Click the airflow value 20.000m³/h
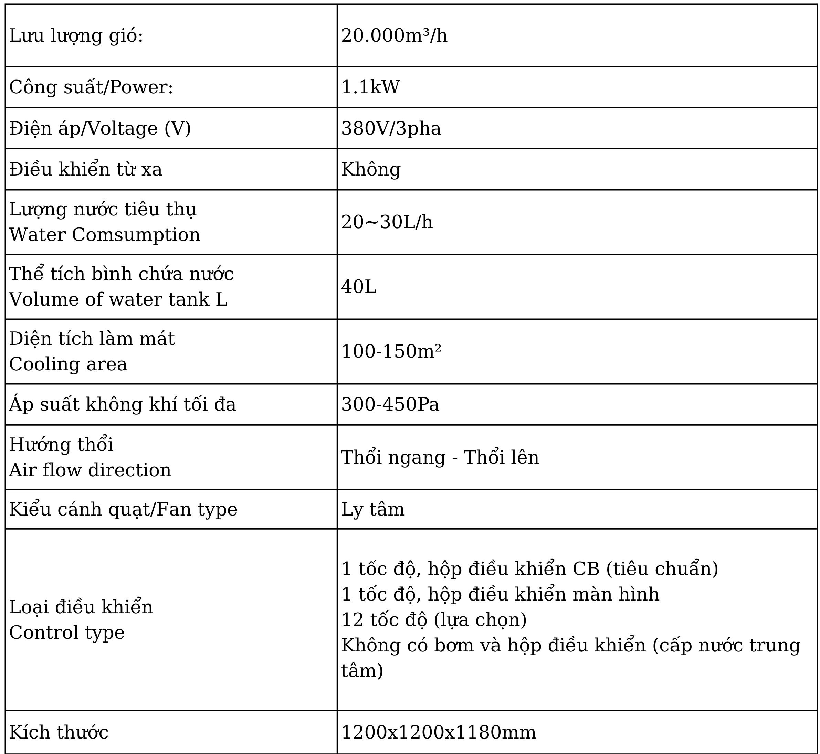click(394, 35)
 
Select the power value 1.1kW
click(370, 87)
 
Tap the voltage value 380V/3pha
click(391, 128)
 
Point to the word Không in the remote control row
click(371, 169)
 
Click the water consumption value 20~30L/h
click(387, 222)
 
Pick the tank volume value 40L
click(358, 286)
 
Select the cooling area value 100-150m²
click(391, 351)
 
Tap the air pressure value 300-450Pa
click(390, 404)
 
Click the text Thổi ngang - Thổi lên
click(440, 457)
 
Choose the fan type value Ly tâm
click(372, 509)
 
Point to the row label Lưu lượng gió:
click(76, 35)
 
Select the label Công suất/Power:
click(91, 87)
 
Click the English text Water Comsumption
click(105, 235)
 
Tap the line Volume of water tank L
click(118, 299)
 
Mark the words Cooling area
click(68, 364)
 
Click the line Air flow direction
click(90, 470)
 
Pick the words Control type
click(66, 633)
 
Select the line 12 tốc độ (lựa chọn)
click(433, 619)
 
